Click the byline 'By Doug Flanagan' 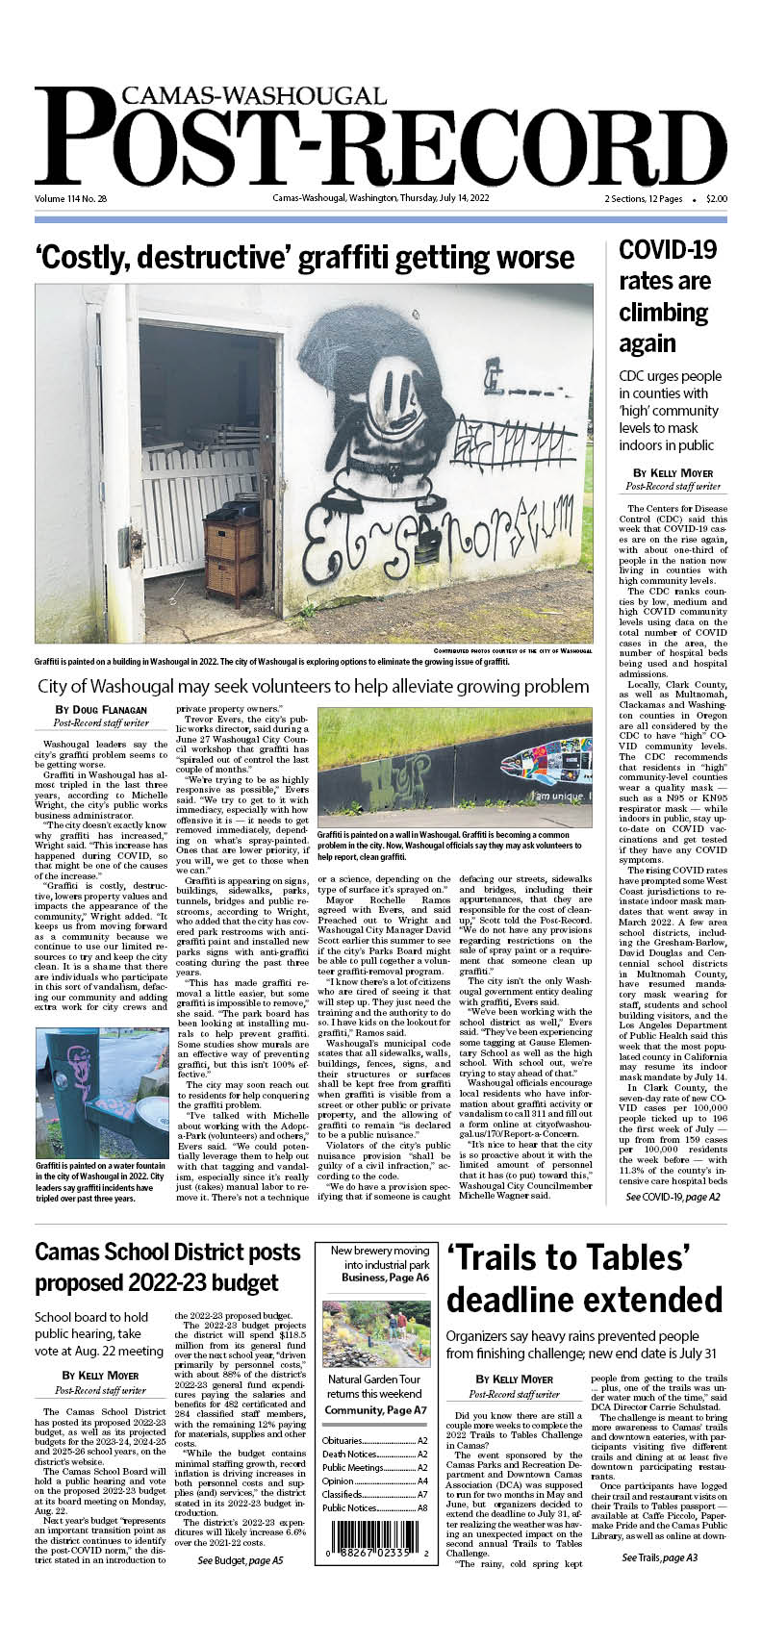click(x=101, y=710)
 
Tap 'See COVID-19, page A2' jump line click(x=673, y=1197)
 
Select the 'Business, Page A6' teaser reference click(x=385, y=1278)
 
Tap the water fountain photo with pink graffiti click(x=101, y=1092)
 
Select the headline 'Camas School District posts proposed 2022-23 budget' click(x=168, y=1267)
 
